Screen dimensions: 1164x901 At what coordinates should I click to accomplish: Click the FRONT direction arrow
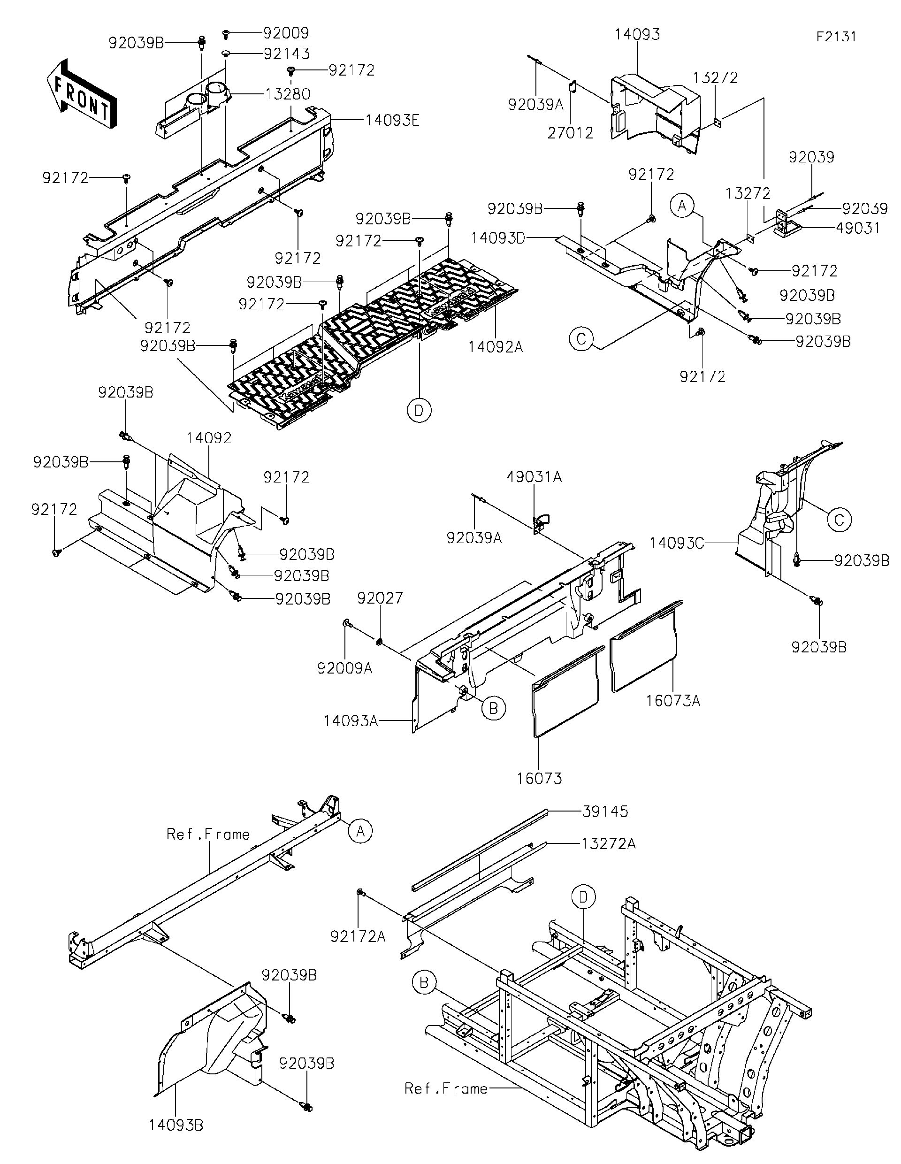click(x=82, y=94)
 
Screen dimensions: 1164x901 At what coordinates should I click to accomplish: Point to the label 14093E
click(x=392, y=121)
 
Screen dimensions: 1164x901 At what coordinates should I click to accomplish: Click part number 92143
click(x=286, y=54)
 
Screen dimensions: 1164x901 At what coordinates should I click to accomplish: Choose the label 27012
click(x=570, y=133)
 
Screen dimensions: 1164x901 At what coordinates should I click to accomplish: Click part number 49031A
click(x=534, y=477)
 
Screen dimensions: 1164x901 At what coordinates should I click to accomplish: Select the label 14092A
click(x=496, y=347)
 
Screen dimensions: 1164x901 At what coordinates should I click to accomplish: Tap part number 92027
click(x=380, y=598)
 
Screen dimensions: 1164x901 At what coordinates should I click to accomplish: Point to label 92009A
click(x=345, y=668)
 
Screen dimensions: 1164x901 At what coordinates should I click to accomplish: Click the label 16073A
click(x=673, y=701)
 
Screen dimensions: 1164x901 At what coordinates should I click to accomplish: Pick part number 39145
click(x=605, y=812)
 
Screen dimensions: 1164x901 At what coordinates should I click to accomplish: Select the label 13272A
click(x=609, y=844)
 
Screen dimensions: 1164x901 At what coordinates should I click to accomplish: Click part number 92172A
click(x=358, y=936)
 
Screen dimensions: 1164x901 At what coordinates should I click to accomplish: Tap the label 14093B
click(x=176, y=1125)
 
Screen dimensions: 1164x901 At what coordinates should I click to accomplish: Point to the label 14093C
click(x=677, y=543)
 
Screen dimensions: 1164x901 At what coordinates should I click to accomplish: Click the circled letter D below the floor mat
click(x=420, y=410)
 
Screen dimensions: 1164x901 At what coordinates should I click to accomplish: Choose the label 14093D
click(x=498, y=237)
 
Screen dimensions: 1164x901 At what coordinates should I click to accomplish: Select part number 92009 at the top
click(x=286, y=33)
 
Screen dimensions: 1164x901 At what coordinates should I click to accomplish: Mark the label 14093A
click(x=351, y=721)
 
